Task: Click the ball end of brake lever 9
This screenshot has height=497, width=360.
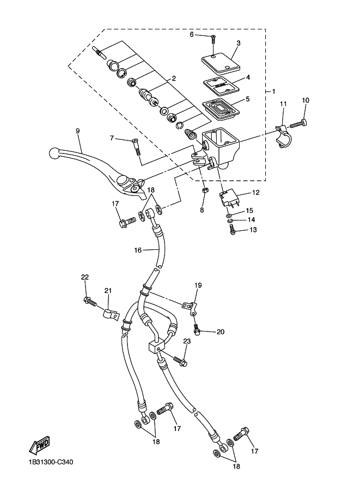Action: pyautogui.click(x=54, y=153)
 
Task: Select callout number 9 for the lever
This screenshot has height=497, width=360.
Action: pyautogui.click(x=78, y=131)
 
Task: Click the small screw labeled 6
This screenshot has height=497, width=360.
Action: pyautogui.click(x=213, y=39)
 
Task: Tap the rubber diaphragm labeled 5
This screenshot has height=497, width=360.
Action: pyautogui.click(x=221, y=109)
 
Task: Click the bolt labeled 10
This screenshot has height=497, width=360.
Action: pyautogui.click(x=298, y=124)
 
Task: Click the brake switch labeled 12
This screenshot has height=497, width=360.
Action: pyautogui.click(x=228, y=198)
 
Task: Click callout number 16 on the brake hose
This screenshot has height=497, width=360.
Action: pyautogui.click(x=138, y=250)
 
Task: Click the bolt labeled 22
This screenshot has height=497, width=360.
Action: pyautogui.click(x=90, y=301)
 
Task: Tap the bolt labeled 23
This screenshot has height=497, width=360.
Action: pyautogui.click(x=180, y=361)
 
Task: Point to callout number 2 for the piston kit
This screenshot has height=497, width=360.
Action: pyautogui.click(x=174, y=78)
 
